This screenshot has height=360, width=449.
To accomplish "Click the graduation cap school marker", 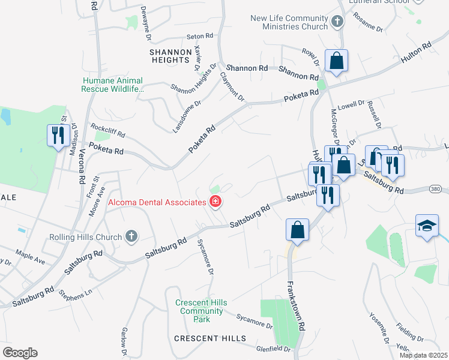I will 427,227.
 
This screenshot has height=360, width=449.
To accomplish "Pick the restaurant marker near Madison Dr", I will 58,135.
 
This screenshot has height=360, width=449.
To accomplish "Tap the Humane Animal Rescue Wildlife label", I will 113,85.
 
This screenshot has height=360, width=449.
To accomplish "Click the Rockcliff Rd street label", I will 107,130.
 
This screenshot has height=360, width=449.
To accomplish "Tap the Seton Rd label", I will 200,37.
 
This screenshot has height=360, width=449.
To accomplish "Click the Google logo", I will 20,353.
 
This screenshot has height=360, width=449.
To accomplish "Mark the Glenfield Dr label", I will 273,349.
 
